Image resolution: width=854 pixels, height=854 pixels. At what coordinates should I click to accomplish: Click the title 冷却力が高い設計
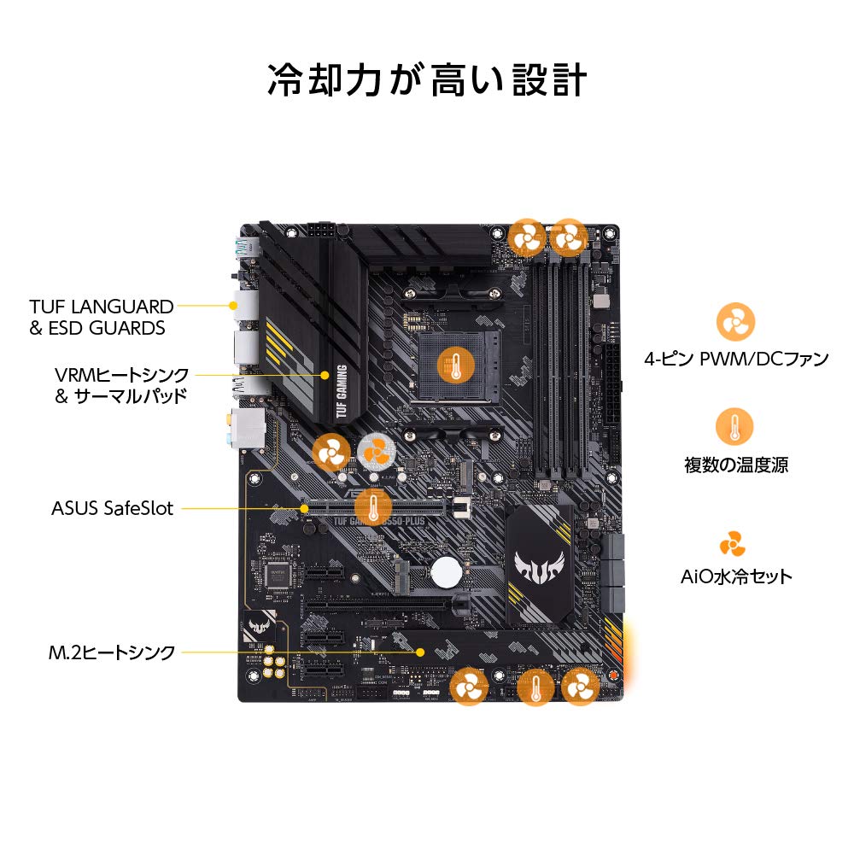click(x=427, y=80)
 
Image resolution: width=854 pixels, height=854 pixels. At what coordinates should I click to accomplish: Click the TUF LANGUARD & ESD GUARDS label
click(x=102, y=317)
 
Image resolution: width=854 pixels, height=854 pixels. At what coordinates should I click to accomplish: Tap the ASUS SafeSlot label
click(x=112, y=509)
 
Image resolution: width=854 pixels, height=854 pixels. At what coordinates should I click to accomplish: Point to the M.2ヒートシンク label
click(x=112, y=653)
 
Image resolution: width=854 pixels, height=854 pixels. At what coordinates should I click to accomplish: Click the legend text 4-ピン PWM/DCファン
click(x=735, y=359)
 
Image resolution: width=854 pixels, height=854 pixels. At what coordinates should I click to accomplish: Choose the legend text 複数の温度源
click(x=735, y=465)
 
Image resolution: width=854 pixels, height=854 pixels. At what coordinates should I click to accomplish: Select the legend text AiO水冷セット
click(x=735, y=576)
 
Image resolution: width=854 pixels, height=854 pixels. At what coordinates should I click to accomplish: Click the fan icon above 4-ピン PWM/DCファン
click(x=734, y=322)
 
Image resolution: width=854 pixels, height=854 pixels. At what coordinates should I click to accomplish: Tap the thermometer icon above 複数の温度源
click(x=734, y=427)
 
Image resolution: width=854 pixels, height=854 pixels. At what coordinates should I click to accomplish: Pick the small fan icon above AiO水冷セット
click(x=732, y=543)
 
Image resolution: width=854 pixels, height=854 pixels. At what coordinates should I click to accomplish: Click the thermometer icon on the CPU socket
click(x=454, y=366)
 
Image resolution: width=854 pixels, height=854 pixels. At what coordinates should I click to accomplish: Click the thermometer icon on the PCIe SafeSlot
click(x=372, y=506)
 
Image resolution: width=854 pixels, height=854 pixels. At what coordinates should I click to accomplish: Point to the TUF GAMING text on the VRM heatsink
click(x=342, y=393)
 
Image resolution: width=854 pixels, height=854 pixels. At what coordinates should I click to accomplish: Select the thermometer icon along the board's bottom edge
click(x=535, y=686)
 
